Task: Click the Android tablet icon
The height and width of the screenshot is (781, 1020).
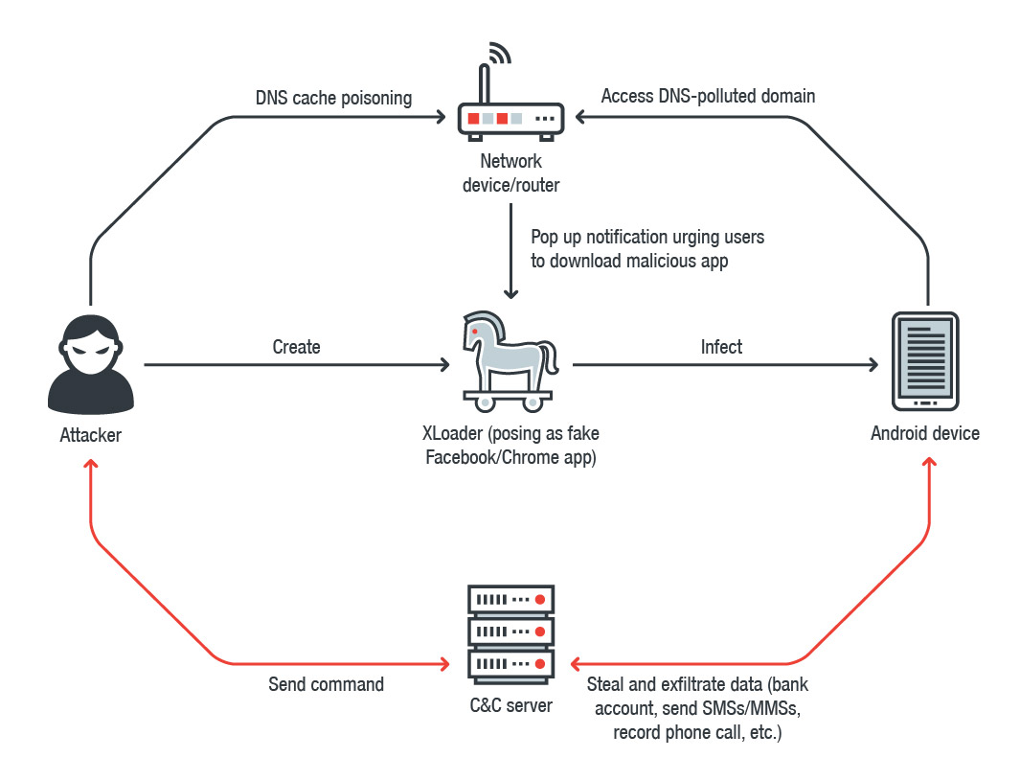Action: point(925,360)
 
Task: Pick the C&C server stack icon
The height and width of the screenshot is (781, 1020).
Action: point(510,632)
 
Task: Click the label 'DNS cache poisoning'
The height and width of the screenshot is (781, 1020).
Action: point(333,98)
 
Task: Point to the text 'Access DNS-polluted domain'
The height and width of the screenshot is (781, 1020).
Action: point(708,96)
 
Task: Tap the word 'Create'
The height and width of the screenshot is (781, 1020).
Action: point(296,347)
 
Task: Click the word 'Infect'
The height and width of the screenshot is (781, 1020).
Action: point(721,347)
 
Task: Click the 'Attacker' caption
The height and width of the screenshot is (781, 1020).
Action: point(91,435)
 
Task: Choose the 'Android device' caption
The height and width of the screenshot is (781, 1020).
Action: point(925,433)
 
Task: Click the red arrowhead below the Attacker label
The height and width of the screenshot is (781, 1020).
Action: point(91,464)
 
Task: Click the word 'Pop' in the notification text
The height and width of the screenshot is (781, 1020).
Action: point(546,236)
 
